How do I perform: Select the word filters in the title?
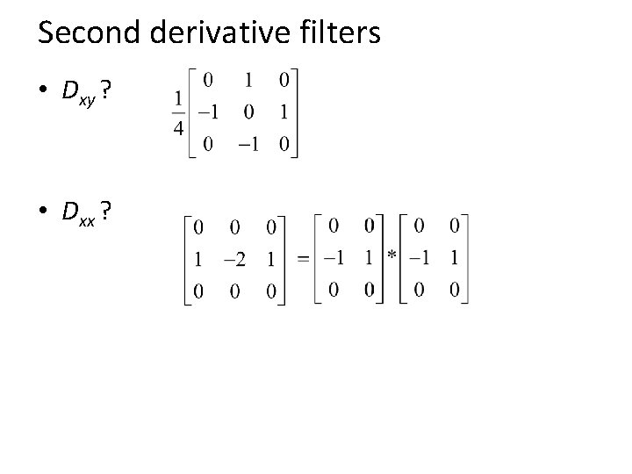click(339, 32)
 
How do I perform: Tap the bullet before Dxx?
click(44, 212)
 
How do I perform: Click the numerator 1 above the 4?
click(177, 99)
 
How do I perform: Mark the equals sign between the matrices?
click(302, 259)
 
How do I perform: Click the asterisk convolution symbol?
click(391, 254)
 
